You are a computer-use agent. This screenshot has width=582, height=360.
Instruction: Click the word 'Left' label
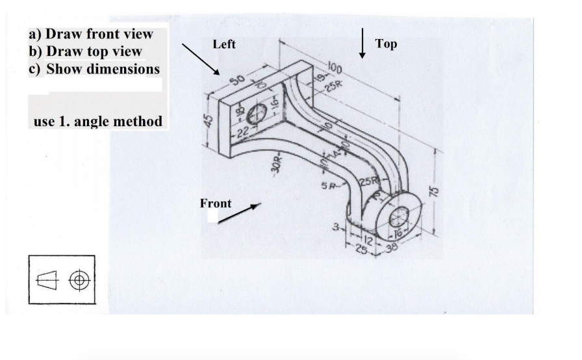224,45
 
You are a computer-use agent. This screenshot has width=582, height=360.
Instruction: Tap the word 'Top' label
386,44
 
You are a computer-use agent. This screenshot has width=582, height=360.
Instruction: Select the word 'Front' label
216,203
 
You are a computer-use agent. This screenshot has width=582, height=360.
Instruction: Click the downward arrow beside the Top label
362,44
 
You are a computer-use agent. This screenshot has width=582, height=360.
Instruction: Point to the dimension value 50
236,81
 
